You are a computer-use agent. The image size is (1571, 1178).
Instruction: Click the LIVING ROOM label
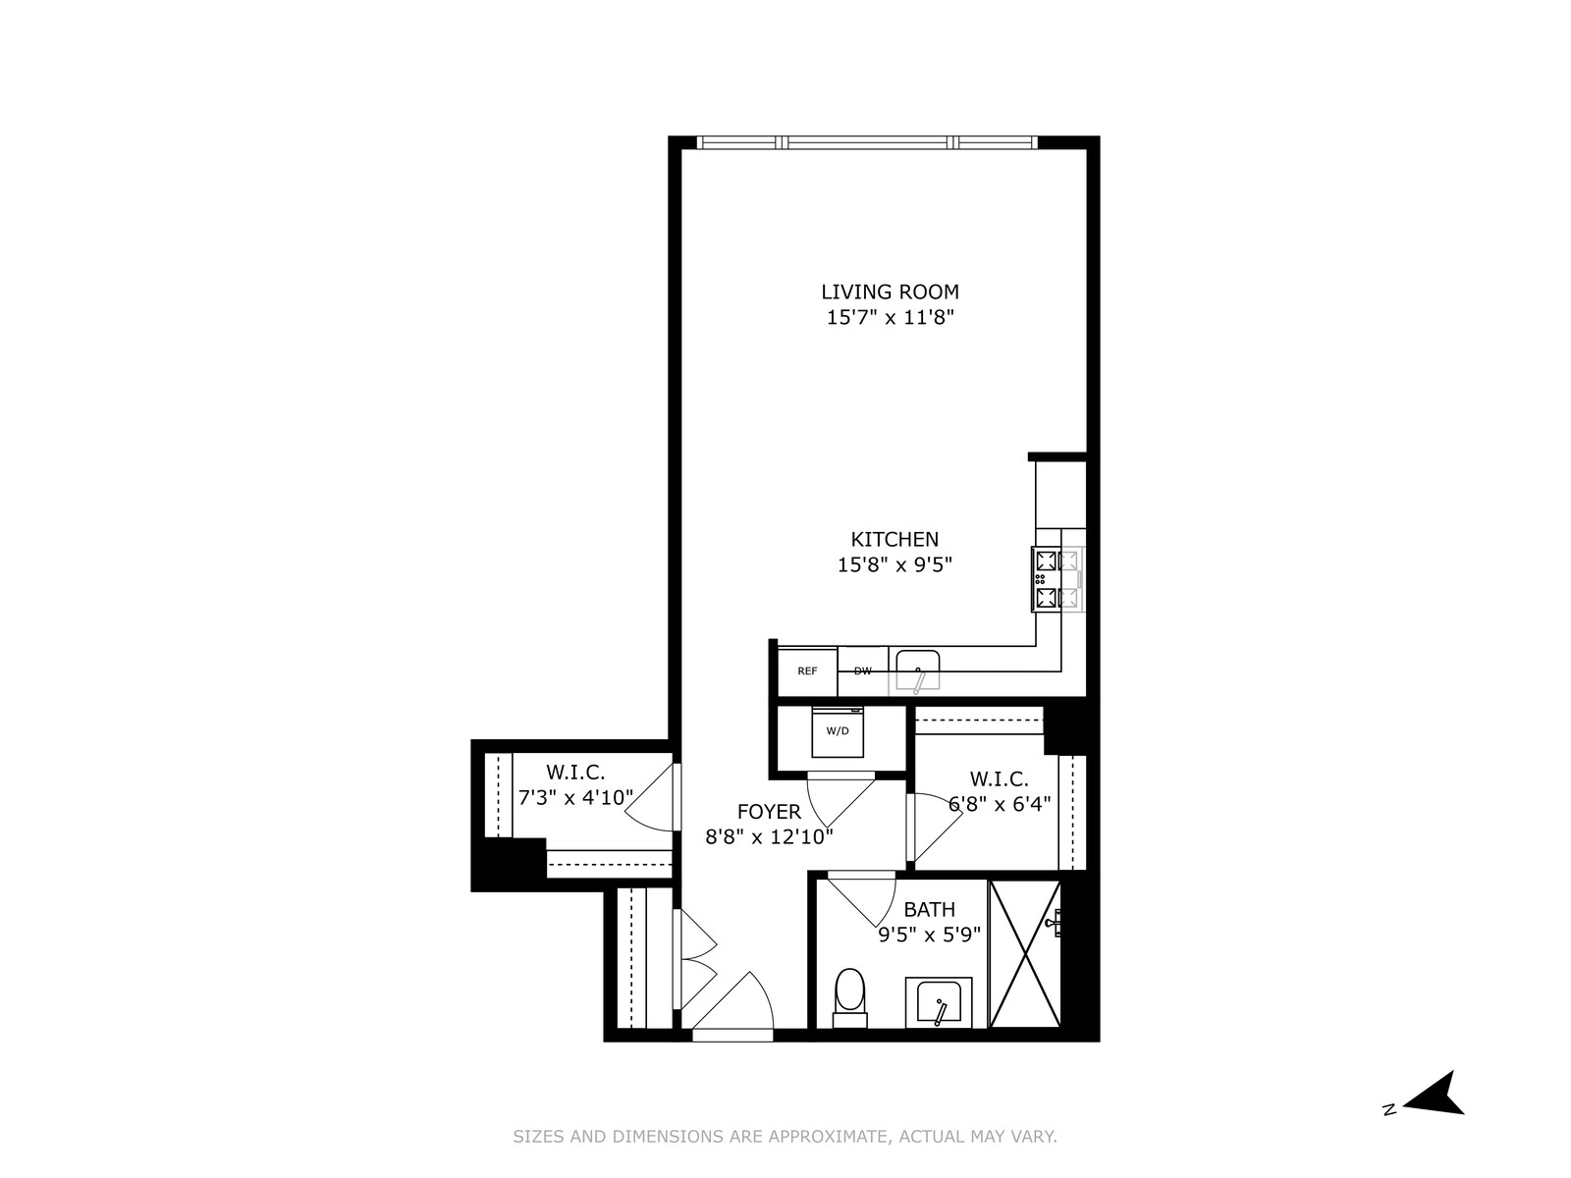coord(890,292)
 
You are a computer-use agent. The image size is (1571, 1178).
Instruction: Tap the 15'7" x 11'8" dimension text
coord(890,317)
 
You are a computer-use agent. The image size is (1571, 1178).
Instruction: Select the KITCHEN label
coord(894,539)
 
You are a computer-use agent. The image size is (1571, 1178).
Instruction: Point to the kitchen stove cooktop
coord(1056,579)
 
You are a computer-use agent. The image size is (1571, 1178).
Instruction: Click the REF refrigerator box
coord(807,671)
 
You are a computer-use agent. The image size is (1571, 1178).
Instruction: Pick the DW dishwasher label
coord(862,671)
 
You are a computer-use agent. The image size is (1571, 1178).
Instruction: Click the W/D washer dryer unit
coord(838,731)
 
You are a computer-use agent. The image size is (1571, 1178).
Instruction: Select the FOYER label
coord(769,812)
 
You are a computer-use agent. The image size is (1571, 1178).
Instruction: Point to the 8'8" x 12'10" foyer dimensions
coord(769,836)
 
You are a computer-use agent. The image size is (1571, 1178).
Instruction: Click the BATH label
coord(929,910)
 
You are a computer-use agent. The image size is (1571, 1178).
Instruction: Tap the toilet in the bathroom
coord(849,993)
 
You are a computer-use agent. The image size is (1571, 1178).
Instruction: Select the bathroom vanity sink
coord(939,1002)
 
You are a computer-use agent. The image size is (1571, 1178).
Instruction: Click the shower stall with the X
coord(1025,954)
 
